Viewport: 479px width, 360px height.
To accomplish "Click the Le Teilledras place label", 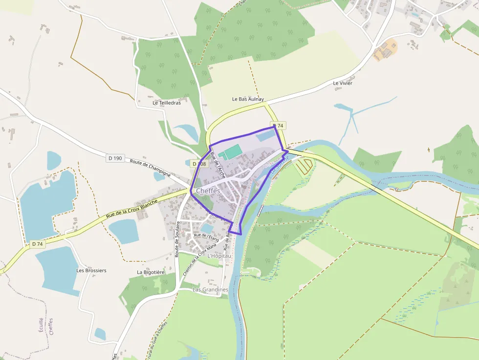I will [x=167, y=103].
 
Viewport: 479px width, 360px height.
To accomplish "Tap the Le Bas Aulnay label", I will [x=248, y=99].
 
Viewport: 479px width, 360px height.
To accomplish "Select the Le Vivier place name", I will [x=343, y=83].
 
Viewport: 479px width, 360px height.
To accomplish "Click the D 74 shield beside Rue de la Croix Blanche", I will [x=37, y=244].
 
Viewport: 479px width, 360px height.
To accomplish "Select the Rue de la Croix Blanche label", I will [x=132, y=209].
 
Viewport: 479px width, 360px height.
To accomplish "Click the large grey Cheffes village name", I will [x=207, y=191].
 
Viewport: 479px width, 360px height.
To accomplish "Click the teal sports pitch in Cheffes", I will [x=229, y=152].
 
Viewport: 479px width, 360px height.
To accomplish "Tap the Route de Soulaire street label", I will [x=178, y=239].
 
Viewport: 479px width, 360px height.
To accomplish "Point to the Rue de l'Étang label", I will [x=205, y=236].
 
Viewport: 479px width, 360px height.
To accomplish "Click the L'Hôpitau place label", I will [x=219, y=256].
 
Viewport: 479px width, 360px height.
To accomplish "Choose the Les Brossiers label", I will [x=91, y=270].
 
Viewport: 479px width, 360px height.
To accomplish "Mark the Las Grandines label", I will [x=210, y=290].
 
